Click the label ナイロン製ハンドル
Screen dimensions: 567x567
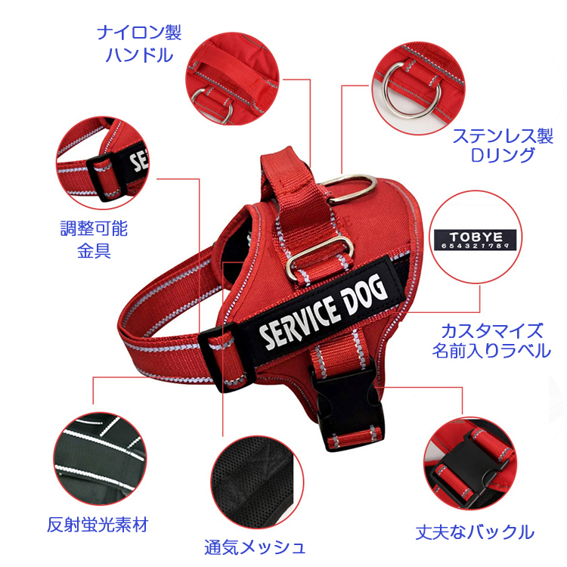coord(139,44)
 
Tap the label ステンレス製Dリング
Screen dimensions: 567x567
coord(503,145)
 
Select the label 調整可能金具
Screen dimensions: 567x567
coord(94,240)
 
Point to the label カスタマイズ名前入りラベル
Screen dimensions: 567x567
coord(492,341)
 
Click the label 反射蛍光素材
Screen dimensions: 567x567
coord(98,525)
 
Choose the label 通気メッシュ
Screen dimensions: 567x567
coord(255,547)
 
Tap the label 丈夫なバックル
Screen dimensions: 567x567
coord(475,532)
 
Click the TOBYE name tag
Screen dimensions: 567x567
coord(476,240)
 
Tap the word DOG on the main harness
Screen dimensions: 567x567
coord(364,293)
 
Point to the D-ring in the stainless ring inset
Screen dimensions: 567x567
coord(412,91)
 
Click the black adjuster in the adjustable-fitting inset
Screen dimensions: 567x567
coord(107,176)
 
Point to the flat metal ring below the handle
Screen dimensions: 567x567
coord(320,258)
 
